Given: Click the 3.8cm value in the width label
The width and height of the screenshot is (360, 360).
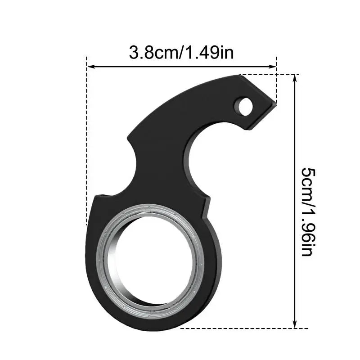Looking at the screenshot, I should (x=153, y=53).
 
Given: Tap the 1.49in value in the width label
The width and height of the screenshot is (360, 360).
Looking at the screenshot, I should (x=209, y=53).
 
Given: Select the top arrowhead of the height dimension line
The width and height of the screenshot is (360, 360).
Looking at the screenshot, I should (x=295, y=77).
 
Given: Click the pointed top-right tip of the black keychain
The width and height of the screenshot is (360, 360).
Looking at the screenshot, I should (x=274, y=102).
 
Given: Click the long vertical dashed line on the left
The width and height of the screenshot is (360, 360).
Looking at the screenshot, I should (x=86, y=144).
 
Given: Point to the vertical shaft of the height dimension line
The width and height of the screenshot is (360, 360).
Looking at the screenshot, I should (x=295, y=135).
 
